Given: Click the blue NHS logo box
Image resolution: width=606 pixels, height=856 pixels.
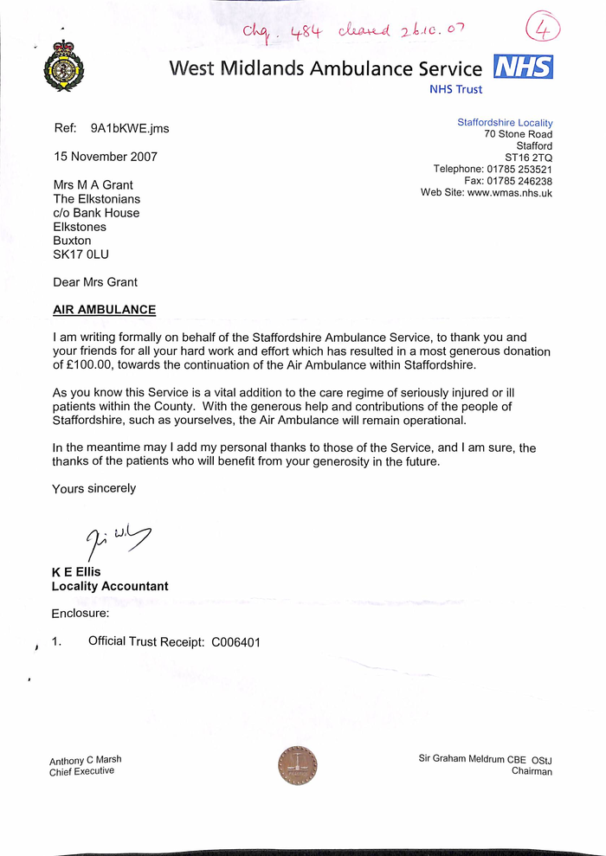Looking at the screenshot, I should [523, 67].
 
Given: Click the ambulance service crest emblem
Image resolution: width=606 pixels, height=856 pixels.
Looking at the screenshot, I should [63, 67].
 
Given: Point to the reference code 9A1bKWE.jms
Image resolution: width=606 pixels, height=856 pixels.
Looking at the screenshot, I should [130, 129].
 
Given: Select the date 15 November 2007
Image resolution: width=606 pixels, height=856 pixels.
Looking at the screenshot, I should [105, 157].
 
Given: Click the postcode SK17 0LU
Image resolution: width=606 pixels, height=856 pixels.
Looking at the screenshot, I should [81, 254].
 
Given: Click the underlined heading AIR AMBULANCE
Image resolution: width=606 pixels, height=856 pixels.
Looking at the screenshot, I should [104, 310].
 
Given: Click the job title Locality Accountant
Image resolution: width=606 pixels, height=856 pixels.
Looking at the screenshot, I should [110, 586].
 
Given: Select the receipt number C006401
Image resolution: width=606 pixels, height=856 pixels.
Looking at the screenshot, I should [235, 642].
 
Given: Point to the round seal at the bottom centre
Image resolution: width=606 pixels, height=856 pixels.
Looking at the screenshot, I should [297, 765].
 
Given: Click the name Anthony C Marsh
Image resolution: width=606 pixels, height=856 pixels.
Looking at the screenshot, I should [86, 760].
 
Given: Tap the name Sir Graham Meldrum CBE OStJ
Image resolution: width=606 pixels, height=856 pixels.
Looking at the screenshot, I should [485, 759].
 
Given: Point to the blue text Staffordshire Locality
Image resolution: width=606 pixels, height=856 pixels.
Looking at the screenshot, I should [505, 123].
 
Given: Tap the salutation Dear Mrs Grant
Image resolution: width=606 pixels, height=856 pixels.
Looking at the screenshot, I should [95, 282].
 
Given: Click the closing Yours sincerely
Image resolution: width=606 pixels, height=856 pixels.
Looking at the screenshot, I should [93, 488].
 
